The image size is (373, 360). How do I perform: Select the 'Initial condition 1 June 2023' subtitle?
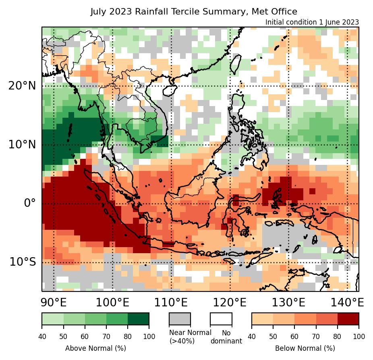[312, 22]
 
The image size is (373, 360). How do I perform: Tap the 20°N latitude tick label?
[22, 85]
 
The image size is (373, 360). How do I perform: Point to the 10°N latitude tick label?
[22, 144]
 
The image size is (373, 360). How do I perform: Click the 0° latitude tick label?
[30, 203]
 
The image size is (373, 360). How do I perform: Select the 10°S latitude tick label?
[23, 262]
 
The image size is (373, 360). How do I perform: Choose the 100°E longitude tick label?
[112, 302]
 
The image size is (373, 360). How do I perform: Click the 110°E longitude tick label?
[171, 302]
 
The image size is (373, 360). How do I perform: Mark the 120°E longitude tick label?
[230, 302]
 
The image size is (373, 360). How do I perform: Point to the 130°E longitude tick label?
[288, 302]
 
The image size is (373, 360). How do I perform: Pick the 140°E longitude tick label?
[347, 302]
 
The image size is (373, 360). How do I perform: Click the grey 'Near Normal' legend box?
[179, 318]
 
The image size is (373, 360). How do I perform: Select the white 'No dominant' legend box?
[221, 318]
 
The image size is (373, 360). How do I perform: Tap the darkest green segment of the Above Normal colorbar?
[138, 318]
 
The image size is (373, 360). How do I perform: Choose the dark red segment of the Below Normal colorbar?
[348, 318]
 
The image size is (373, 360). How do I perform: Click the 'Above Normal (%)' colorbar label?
[95, 348]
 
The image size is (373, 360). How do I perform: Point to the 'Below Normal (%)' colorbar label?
[305, 348]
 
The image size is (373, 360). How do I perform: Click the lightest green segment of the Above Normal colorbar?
[52, 318]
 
